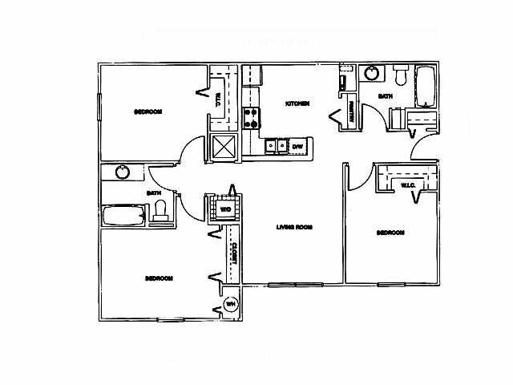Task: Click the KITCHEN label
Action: coord(298,104)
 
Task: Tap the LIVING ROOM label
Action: coord(293,227)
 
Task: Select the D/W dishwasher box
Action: coord(297,146)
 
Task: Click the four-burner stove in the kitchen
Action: coord(252,119)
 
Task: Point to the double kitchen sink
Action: coord(277,145)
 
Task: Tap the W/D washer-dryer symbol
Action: coord(225,210)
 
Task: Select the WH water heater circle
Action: coord(230,304)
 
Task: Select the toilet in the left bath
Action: coord(160,210)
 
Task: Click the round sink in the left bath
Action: coord(123,172)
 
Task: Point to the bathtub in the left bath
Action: coord(123,216)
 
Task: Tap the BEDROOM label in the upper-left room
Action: coord(148,111)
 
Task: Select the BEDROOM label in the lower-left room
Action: coord(159,278)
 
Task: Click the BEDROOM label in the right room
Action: coord(390,233)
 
